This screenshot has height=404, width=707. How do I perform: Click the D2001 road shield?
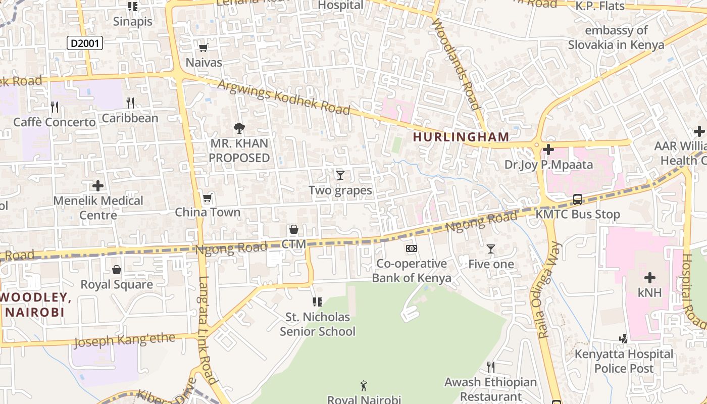(x=85, y=43)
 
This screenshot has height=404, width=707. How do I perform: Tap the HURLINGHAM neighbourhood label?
(x=461, y=137)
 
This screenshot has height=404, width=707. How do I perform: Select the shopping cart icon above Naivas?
(x=204, y=48)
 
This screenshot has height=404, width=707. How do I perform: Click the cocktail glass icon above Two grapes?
(x=340, y=175)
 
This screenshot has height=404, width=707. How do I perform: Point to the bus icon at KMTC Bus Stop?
(x=578, y=199)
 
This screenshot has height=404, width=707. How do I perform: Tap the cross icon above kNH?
(x=650, y=278)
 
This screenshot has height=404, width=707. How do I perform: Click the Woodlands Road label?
(x=456, y=64)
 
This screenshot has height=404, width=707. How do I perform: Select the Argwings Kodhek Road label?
(x=283, y=96)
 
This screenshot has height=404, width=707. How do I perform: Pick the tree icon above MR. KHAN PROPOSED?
(x=239, y=128)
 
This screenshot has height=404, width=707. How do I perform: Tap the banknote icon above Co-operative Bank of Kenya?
(x=412, y=248)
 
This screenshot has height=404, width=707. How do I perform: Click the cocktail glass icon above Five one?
(x=490, y=249)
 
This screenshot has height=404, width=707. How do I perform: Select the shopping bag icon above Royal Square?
(x=117, y=270)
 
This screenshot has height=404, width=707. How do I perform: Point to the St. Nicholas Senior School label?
(x=318, y=324)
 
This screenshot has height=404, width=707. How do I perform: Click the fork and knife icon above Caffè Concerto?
(x=55, y=107)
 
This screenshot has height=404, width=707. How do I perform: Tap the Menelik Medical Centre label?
(x=98, y=208)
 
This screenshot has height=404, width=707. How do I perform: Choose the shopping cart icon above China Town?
(x=207, y=197)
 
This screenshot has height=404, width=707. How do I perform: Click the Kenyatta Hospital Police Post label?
(x=624, y=361)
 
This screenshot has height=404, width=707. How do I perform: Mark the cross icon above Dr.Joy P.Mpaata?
(x=548, y=149)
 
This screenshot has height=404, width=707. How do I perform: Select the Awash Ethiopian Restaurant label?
(x=490, y=389)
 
